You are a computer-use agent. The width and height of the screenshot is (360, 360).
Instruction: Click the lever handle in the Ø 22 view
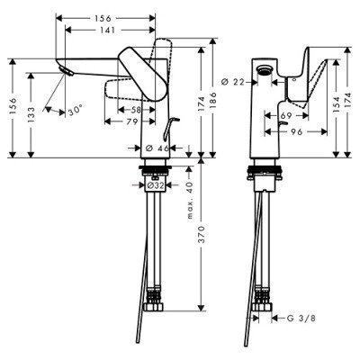302,77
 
